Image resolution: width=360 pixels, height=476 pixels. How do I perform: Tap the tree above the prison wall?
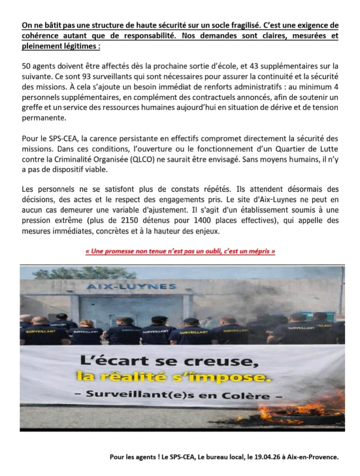tap(84, 273)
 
